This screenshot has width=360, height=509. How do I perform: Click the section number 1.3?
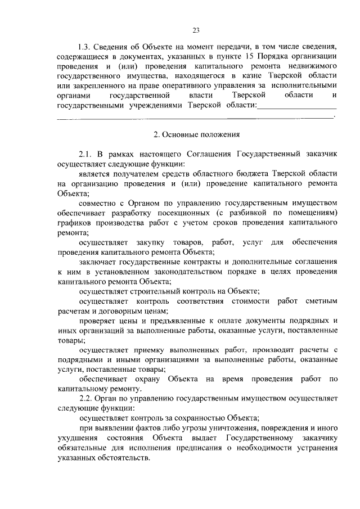[85, 46]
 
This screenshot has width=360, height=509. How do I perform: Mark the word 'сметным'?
[319, 300]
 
